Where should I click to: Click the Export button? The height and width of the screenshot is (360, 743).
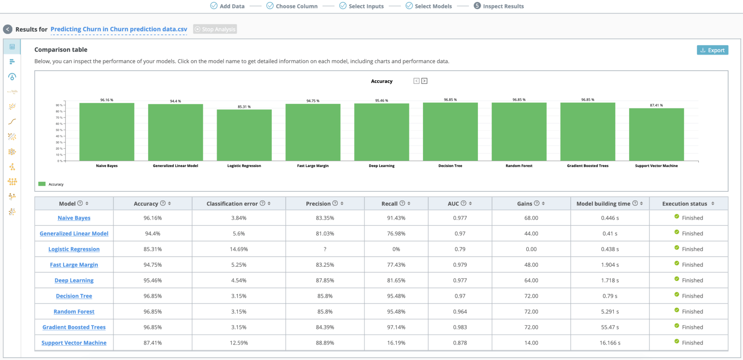712,50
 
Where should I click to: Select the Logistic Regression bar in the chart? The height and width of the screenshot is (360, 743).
244,135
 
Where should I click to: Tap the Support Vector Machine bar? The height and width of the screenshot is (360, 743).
656,134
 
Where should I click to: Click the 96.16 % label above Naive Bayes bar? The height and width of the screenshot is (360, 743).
107,100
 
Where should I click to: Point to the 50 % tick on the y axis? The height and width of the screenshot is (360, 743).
59,130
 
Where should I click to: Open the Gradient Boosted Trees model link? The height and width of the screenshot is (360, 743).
74,327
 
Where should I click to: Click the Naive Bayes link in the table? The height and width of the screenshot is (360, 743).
74,218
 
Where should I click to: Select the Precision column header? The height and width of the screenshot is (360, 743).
318,204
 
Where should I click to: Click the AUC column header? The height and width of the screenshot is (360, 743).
453,204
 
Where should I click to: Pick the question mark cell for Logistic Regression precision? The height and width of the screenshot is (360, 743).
325,249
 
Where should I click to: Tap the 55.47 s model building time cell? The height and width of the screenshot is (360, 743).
610,327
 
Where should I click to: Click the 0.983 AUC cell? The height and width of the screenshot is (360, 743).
460,327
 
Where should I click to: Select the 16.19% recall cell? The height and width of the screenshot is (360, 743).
396,343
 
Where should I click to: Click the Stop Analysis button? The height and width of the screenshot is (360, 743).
215,29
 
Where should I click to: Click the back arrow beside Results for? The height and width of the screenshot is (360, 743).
8,29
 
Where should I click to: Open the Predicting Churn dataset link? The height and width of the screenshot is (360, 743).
119,29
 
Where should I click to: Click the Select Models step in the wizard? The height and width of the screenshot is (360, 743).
433,6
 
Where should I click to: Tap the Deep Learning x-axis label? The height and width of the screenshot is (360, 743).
382,166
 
